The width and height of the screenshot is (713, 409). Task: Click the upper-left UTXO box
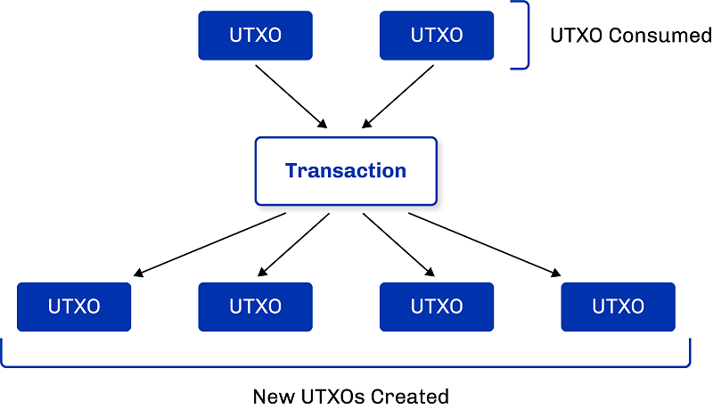(x=255, y=36)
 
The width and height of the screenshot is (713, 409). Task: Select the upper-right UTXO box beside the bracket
(x=437, y=36)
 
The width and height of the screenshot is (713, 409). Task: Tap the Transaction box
(x=346, y=170)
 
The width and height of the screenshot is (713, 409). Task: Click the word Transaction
(x=346, y=170)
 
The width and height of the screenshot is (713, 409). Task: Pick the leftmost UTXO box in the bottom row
(x=74, y=307)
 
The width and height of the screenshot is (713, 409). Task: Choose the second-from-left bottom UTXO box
(x=255, y=307)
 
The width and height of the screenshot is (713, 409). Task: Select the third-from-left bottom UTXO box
(x=437, y=307)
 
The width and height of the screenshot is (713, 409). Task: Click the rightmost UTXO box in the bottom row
(x=618, y=307)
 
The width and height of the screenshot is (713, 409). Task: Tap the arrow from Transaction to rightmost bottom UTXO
(x=486, y=243)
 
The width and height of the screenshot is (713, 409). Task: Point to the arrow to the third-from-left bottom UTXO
(x=399, y=243)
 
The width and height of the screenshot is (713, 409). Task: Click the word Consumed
(x=660, y=36)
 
